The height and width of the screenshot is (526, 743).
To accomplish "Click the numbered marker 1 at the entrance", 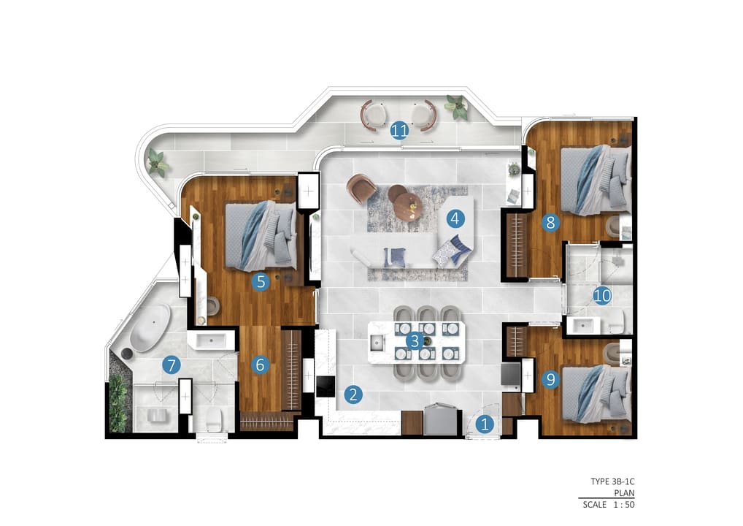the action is [x=485, y=424].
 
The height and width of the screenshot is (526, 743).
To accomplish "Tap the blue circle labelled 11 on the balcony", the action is [x=399, y=130].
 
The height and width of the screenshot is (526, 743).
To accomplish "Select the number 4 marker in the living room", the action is [x=455, y=218].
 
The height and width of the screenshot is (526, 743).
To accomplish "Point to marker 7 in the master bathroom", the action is [x=171, y=365].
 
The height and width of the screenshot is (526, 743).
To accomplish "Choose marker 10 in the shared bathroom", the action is [x=602, y=296].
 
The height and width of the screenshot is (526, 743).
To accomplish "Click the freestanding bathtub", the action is [x=150, y=327].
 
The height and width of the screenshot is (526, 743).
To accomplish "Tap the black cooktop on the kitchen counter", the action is [x=326, y=386].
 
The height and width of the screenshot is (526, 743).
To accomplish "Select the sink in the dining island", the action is [x=377, y=343].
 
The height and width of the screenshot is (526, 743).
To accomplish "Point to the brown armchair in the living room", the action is [x=361, y=187].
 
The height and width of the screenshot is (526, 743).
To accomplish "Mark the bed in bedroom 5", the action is [x=261, y=236].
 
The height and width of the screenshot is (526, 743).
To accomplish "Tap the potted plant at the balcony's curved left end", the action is [x=158, y=162].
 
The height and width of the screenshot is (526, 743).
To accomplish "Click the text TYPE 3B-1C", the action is [x=612, y=481].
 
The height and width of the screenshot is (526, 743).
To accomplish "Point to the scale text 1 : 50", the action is [x=624, y=505].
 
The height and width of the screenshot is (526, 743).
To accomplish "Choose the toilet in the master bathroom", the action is [x=214, y=419].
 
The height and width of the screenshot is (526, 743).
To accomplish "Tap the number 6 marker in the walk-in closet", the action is [x=260, y=365].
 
